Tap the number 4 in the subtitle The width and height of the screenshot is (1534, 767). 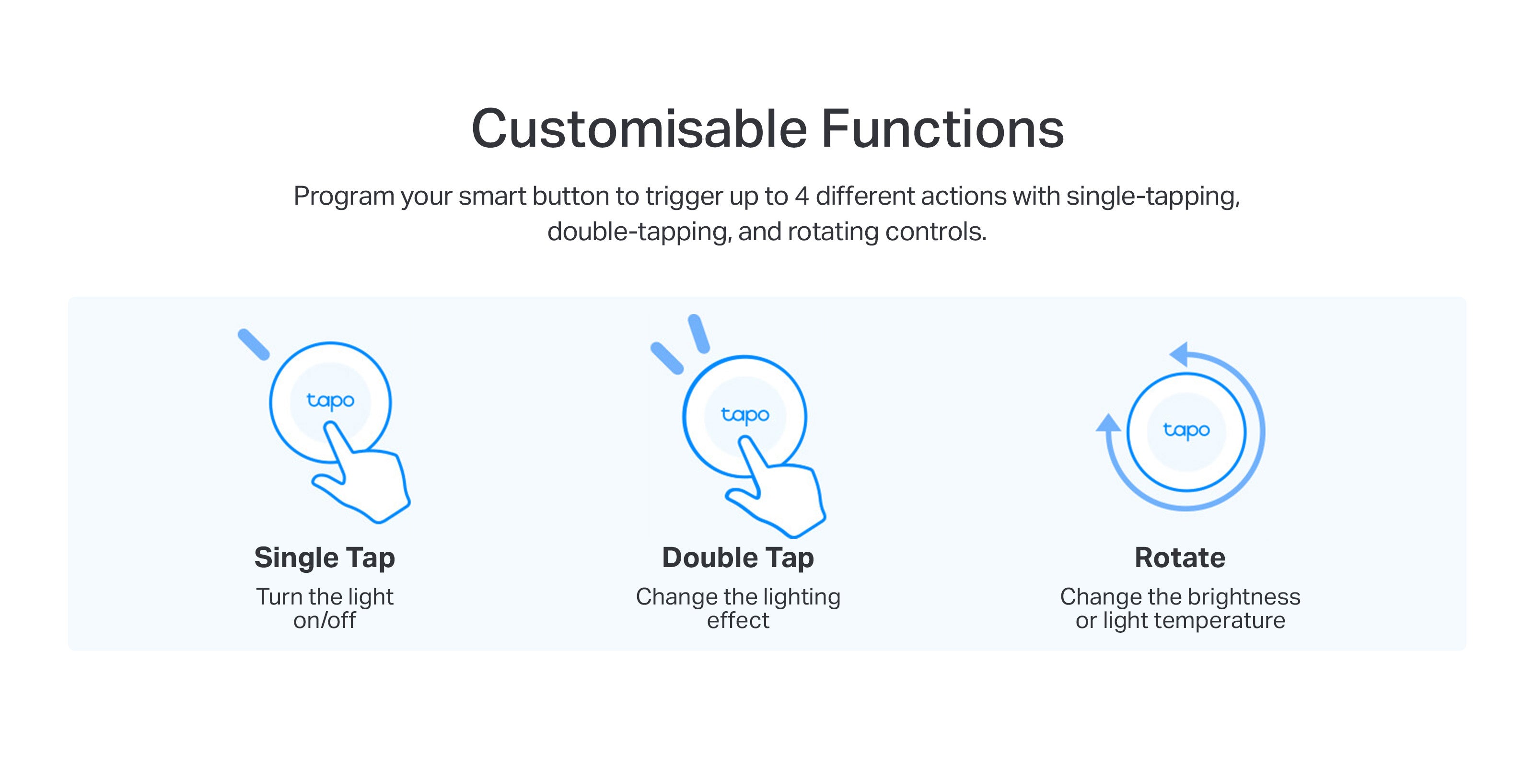(802, 197)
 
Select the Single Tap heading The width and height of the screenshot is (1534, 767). (325, 558)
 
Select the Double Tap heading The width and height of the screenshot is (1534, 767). (738, 558)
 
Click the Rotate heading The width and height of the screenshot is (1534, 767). (1180, 558)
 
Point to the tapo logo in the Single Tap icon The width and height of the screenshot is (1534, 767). (330, 400)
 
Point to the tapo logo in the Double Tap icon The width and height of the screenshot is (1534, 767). (745, 415)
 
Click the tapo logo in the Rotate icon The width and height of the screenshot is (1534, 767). (1186, 430)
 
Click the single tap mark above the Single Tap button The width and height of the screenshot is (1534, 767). (254, 344)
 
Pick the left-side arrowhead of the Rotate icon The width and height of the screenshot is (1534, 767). (1108, 423)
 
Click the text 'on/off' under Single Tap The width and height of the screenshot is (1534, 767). (325, 620)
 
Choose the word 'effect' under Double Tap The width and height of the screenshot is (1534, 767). (738, 620)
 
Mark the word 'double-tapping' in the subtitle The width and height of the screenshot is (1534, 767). (639, 232)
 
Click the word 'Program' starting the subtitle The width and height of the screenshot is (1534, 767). (344, 197)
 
